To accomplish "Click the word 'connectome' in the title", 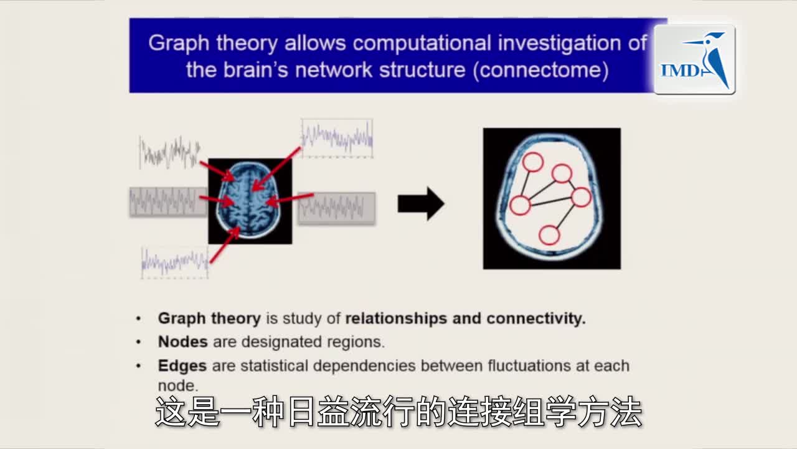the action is [540, 70].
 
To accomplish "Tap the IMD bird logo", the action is [694, 59].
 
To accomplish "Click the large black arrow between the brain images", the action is [421, 203].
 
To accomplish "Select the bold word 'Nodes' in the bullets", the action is [182, 342].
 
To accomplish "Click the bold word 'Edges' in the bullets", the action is [182, 366].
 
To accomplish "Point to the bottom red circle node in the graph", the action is [549, 235].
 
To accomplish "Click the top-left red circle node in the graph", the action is [532, 162].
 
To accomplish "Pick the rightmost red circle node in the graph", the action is [581, 197].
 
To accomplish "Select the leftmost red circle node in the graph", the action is [520, 205].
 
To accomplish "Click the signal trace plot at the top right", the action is [337, 138].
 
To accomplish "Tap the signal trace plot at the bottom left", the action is [174, 263].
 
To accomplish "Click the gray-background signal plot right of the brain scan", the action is [336, 208].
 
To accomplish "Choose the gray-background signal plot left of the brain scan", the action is [168, 201].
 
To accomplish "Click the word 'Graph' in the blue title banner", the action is [179, 44].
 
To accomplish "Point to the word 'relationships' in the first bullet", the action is [396, 318].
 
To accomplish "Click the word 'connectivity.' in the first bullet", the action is [536, 318].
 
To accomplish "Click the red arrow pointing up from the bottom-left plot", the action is [225, 245].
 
